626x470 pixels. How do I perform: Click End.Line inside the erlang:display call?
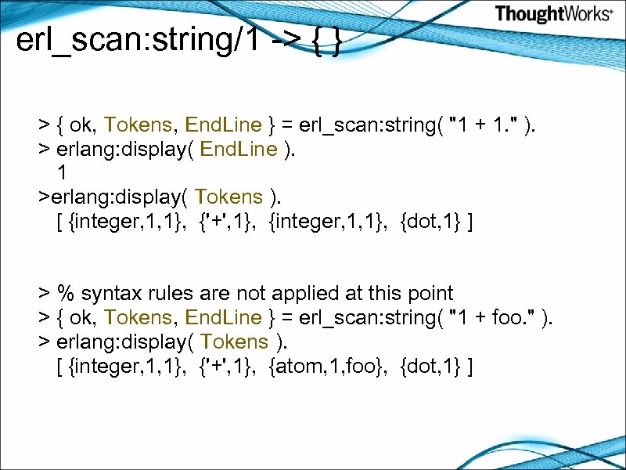pos(238,149)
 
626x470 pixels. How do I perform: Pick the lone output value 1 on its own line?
pos(61,173)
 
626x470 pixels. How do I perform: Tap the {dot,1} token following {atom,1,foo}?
pos(430,366)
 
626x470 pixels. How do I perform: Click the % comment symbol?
pos(66,294)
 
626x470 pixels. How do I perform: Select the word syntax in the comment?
pos(110,294)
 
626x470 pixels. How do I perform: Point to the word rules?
pos(168,294)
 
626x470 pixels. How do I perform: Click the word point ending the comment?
pos(429,294)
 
